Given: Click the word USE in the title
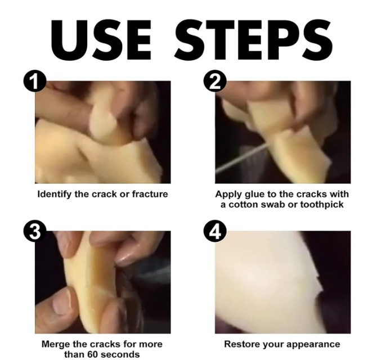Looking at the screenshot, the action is (101, 40).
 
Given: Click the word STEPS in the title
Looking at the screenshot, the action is (254, 40).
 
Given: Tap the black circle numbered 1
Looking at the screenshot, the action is (34, 81).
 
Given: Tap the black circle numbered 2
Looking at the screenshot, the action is (215, 81).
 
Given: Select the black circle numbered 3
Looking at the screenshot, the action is (34, 231).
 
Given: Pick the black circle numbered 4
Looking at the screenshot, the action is (215, 231).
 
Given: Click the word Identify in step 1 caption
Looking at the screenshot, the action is (55, 195).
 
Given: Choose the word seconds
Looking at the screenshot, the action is (119, 354).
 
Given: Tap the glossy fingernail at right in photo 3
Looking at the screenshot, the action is (127, 259).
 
